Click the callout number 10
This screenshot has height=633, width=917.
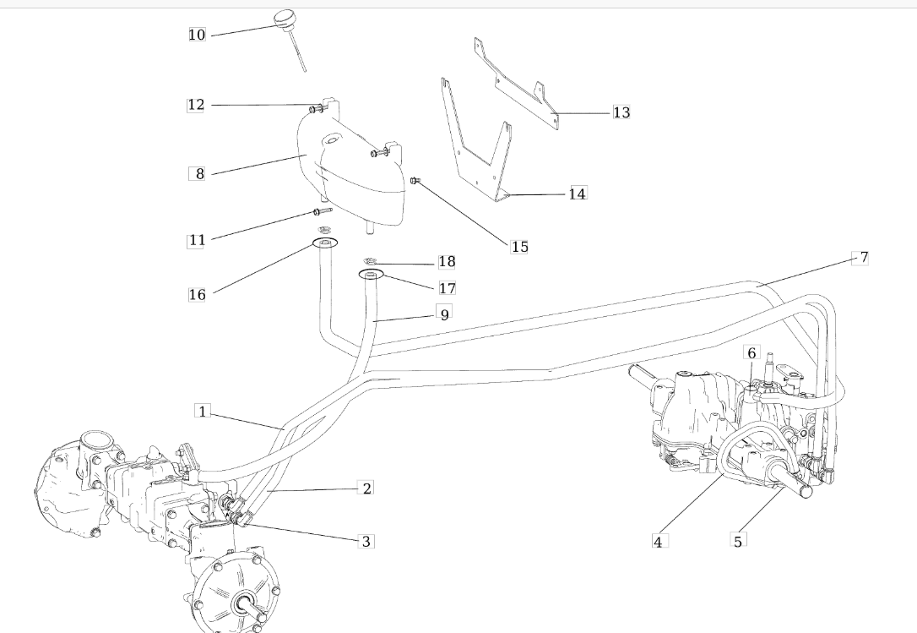point(197,35)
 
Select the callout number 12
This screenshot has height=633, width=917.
point(196,105)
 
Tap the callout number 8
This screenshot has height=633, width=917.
point(199,174)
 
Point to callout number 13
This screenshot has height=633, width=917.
point(621,112)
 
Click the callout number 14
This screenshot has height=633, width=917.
point(577,194)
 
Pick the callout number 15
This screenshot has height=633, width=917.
point(519,247)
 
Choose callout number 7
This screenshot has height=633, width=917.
point(860,258)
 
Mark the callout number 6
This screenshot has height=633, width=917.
point(752,352)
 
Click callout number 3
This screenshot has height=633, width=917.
point(366,541)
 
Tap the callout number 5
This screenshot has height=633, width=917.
point(738,541)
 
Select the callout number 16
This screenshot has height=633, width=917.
point(197,295)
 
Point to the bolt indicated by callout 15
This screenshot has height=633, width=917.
point(415,180)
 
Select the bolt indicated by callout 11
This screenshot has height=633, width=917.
point(322,211)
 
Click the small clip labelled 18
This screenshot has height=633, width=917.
point(370,261)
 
